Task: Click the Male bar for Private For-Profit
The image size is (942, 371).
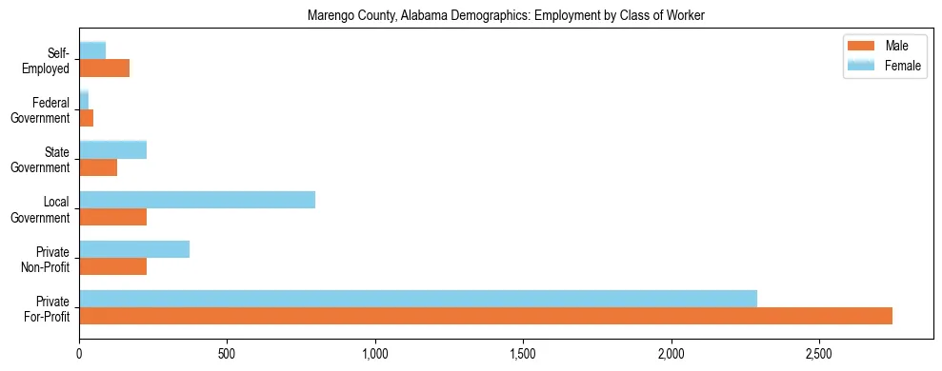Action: [x=486, y=316]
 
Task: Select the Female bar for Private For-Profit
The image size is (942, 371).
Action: [x=418, y=299]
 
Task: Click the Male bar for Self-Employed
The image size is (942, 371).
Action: [x=104, y=68]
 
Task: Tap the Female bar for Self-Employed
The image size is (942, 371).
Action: [x=92, y=50]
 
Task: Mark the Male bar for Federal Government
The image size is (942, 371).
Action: [x=86, y=117]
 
